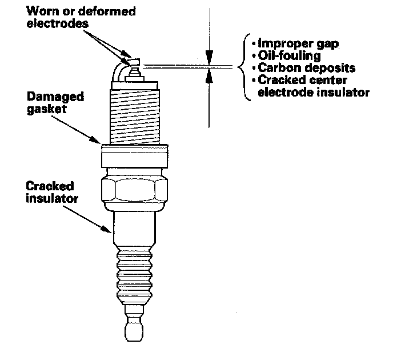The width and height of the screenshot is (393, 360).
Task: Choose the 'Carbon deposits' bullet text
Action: pyautogui.click(x=298, y=68)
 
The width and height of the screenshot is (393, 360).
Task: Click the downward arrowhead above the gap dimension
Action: pyautogui.click(x=210, y=57)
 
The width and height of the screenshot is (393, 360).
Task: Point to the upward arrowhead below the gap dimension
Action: pyautogui.click(x=210, y=77)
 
